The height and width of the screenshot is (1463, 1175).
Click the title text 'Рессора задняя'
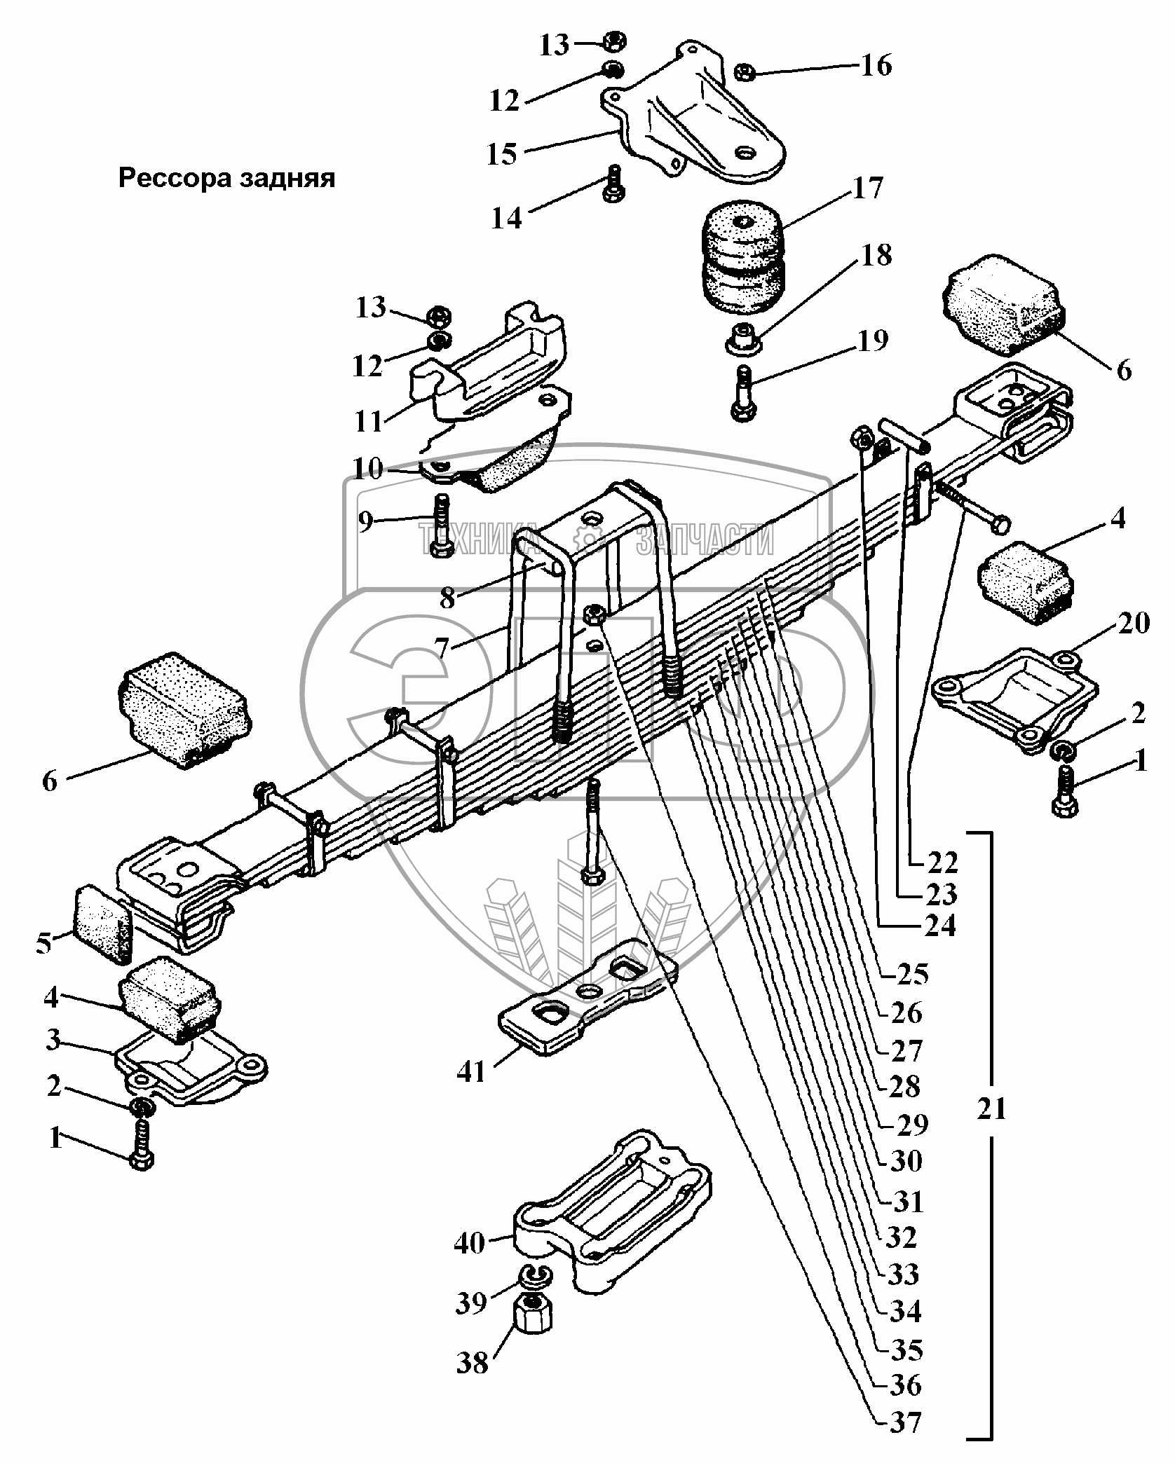click(x=226, y=179)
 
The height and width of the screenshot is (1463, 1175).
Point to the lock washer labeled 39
click(x=536, y=1275)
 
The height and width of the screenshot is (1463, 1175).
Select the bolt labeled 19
click(x=742, y=394)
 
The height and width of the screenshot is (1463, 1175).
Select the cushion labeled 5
click(x=102, y=922)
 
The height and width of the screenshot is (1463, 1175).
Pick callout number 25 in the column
click(x=911, y=975)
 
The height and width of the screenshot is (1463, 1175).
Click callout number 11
click(x=369, y=422)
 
